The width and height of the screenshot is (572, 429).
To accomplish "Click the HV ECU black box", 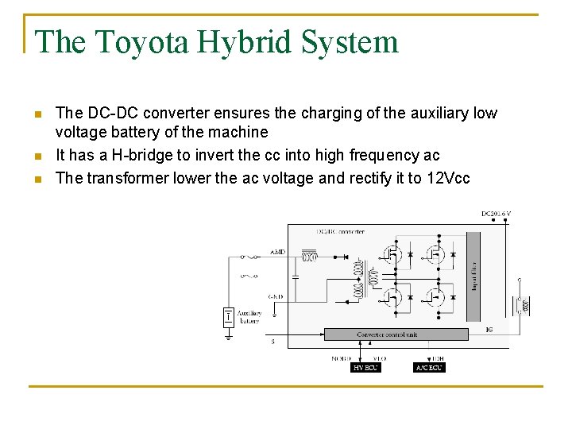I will click(365, 368).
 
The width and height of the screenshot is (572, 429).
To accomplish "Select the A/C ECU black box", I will click(429, 368).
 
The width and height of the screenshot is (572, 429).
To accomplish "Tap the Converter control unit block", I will click(388, 334).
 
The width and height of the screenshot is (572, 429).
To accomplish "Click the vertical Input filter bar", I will click(473, 274).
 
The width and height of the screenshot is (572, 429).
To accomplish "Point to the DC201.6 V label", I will click(496, 214).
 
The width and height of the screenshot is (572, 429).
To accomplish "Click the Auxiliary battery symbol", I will click(228, 318).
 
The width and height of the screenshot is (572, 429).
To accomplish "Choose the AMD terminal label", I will click(277, 252).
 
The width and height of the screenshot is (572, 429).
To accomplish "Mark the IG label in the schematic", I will click(489, 329).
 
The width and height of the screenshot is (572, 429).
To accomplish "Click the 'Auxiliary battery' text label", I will click(249, 317).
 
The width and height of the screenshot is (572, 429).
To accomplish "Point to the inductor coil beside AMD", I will click(311, 257).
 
